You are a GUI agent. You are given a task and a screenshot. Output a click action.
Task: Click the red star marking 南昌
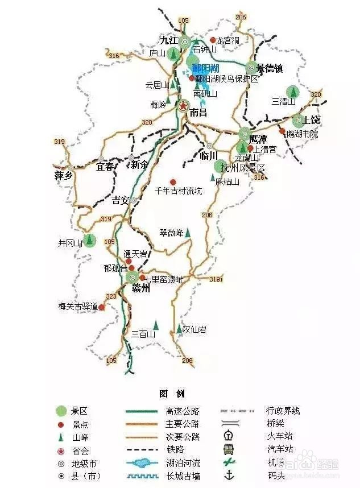point(183,106)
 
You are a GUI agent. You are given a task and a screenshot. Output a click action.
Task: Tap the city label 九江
point(169,40)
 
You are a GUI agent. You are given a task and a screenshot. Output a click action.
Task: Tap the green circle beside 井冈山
point(89,241)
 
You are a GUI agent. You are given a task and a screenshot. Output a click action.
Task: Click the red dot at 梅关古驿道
point(102,307)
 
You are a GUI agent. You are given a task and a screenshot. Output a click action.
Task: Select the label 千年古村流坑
point(178,191)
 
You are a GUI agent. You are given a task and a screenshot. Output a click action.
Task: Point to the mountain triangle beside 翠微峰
point(188,232)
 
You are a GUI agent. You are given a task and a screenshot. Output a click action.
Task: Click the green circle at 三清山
point(293,91)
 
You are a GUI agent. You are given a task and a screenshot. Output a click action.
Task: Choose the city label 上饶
point(312,120)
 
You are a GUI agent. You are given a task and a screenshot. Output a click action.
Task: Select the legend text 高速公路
point(183,411)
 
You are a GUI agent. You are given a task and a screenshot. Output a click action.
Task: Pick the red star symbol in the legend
point(61,450)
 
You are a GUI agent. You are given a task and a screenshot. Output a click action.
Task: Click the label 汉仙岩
point(195,329)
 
